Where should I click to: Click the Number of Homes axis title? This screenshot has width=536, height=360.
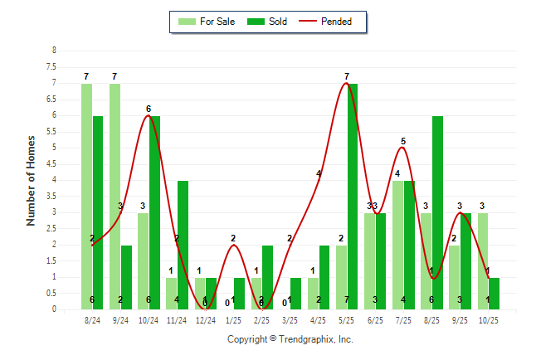(x=32, y=180)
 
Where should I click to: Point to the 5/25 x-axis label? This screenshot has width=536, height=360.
(x=347, y=319)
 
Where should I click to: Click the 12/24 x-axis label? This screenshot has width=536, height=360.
(x=205, y=319)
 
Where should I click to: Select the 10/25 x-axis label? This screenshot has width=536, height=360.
(x=489, y=319)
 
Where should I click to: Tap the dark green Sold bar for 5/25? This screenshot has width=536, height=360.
(x=353, y=197)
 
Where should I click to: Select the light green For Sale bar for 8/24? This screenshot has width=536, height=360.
(x=86, y=197)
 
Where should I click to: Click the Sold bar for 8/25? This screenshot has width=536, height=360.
(x=437, y=212)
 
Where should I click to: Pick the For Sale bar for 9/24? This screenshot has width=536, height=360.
(x=115, y=197)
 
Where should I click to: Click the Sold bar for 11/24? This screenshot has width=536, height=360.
(x=183, y=245)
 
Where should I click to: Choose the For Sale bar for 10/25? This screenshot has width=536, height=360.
(x=483, y=261)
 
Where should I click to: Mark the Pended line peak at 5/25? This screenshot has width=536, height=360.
(x=347, y=84)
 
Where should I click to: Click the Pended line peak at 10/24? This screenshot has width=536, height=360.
(x=149, y=116)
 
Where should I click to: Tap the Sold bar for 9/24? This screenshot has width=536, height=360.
(x=126, y=277)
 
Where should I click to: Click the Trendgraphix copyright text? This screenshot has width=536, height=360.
(x=290, y=339)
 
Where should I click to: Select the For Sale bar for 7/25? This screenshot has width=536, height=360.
(x=397, y=245)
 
